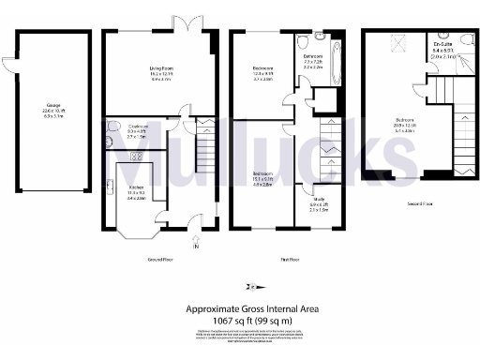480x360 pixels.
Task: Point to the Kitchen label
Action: (x=135, y=187)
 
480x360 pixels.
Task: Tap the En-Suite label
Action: (x=443, y=45)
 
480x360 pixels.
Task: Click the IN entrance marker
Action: (x=195, y=247)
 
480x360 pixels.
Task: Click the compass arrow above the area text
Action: (x=250, y=286)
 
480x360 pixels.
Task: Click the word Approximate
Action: (x=208, y=307)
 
